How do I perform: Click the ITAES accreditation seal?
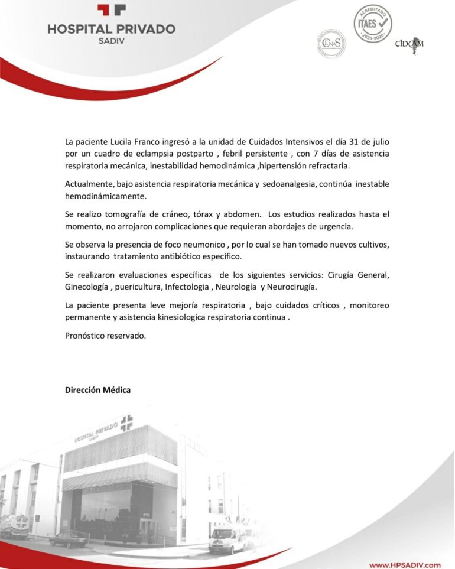(373, 24)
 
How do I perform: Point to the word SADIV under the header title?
(111, 41)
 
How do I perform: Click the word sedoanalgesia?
(289, 184)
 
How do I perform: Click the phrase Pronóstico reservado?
(105, 335)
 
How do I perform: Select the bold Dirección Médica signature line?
(97, 390)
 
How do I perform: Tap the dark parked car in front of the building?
(69, 538)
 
